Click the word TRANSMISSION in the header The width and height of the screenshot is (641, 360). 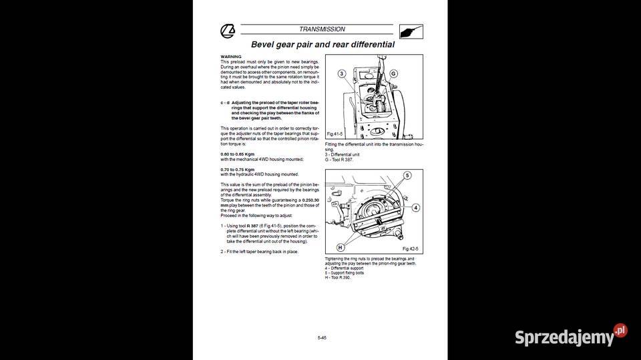(322, 29)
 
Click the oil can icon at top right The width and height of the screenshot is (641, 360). (411, 31)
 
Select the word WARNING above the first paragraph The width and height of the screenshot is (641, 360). (231, 57)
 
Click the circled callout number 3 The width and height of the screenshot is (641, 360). (341, 73)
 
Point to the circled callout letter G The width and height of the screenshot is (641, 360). (394, 73)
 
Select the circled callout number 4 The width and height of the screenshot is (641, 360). (415, 208)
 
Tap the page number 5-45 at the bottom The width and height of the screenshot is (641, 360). (322, 338)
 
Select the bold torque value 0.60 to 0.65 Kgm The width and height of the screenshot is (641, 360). (237, 154)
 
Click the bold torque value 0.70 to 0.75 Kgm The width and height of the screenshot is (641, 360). (237, 169)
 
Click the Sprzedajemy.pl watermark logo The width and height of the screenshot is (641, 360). (571, 336)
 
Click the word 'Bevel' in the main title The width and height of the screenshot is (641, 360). (264, 45)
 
